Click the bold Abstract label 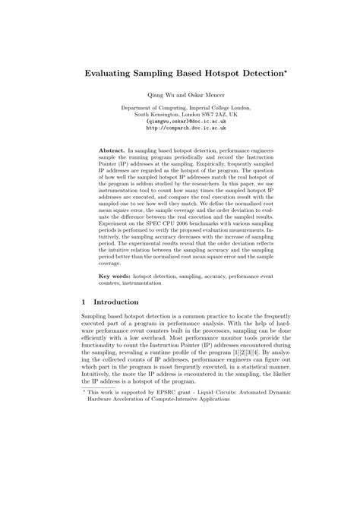114,151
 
